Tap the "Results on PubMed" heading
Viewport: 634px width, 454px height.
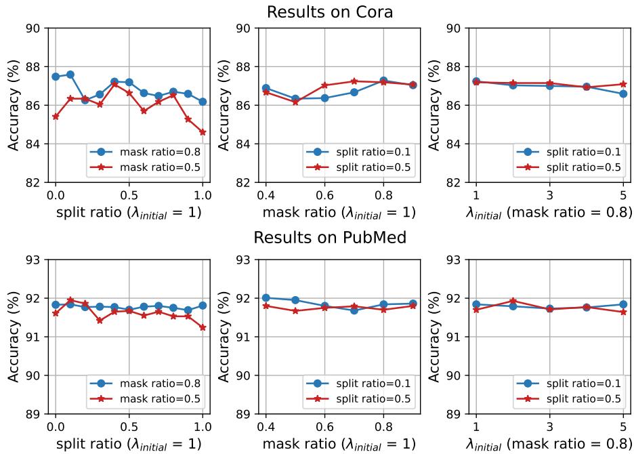[x=316, y=239]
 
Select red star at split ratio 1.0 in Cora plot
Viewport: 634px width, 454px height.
[x=203, y=132]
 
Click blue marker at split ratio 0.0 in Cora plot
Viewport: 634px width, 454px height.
[x=56, y=77]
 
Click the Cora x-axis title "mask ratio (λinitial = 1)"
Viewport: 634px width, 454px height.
[x=339, y=212]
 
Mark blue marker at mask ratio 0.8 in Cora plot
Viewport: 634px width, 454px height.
[x=383, y=81]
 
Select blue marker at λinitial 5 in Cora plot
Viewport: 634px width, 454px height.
[x=622, y=94]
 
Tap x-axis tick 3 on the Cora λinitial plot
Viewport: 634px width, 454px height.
[x=549, y=195]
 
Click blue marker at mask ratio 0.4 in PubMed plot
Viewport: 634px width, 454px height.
[x=266, y=297]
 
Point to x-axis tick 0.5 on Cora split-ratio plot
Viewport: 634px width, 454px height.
[x=129, y=195]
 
